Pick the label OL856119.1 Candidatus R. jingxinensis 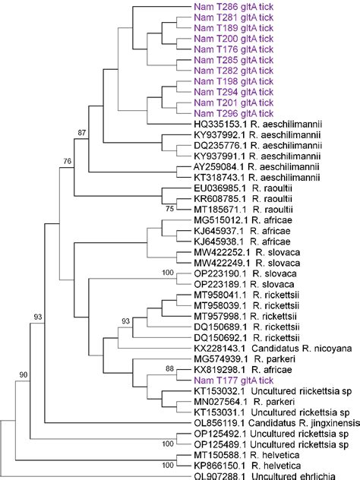pos(275,418)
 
